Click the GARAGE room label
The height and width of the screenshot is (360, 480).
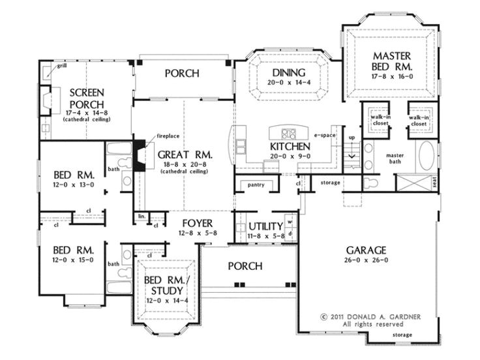(x=366, y=250)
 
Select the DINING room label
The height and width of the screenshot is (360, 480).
(x=290, y=72)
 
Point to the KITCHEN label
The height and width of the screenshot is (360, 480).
(x=290, y=146)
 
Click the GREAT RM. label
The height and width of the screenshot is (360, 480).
(x=183, y=154)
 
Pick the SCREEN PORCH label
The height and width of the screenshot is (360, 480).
(x=85, y=98)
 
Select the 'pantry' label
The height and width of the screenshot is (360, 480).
(x=256, y=185)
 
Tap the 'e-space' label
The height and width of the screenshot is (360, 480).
(x=323, y=135)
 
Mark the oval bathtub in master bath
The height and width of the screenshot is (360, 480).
(x=427, y=156)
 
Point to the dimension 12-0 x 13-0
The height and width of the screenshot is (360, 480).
(x=77, y=185)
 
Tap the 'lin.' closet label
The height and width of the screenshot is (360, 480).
(x=142, y=215)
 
